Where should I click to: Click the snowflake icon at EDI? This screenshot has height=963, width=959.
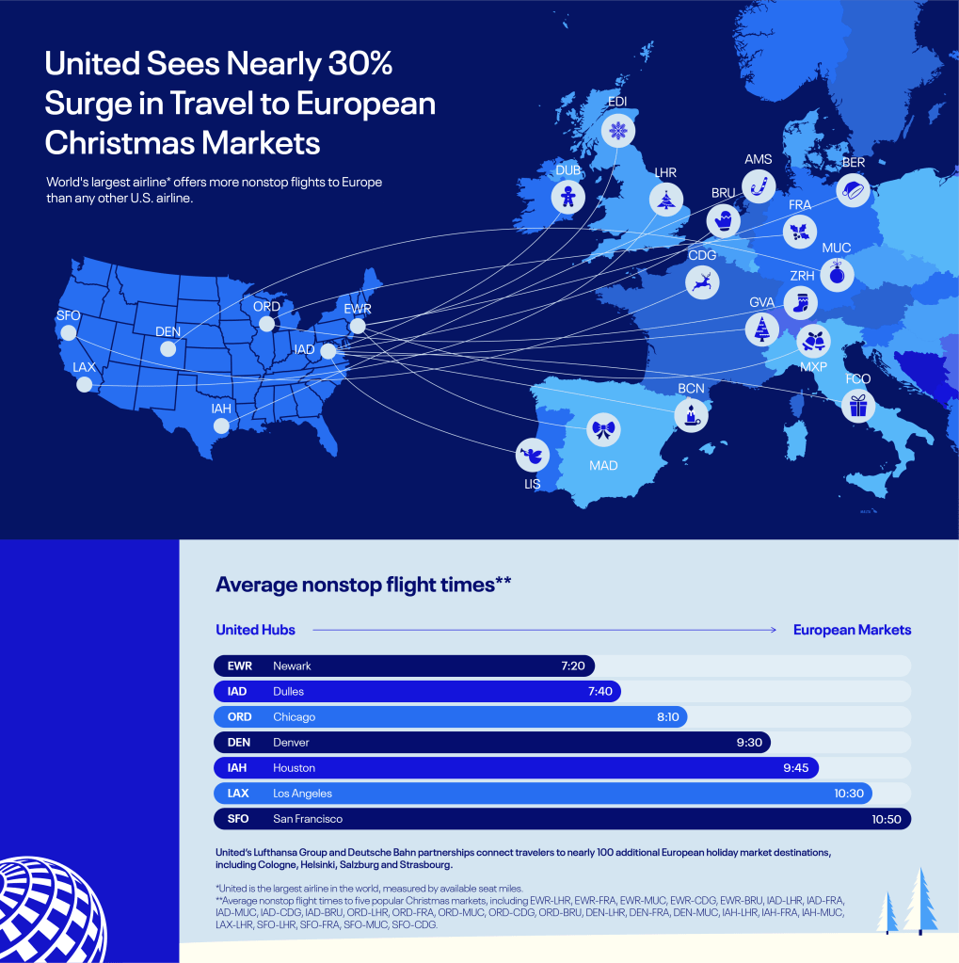pyautogui.click(x=617, y=130)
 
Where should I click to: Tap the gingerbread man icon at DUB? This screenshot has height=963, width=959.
pyautogui.click(x=567, y=196)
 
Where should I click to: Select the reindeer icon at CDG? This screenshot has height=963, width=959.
pyautogui.click(x=701, y=281)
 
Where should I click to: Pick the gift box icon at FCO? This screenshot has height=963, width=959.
pyautogui.click(x=856, y=406)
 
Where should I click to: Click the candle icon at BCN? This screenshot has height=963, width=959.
pyautogui.click(x=693, y=413)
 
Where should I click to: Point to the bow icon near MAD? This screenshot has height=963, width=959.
pyautogui.click(x=603, y=430)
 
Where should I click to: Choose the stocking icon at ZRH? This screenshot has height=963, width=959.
pyautogui.click(x=801, y=302)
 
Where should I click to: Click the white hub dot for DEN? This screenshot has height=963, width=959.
pyautogui.click(x=168, y=348)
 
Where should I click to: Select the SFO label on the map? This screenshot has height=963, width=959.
pyautogui.click(x=68, y=315)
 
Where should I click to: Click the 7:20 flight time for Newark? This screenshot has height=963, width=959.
pyautogui.click(x=573, y=666)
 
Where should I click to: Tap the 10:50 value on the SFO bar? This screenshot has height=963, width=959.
pyautogui.click(x=887, y=819)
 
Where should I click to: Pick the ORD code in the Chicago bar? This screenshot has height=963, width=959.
pyautogui.click(x=239, y=716)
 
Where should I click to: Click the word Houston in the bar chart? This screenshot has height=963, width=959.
pyautogui.click(x=294, y=768)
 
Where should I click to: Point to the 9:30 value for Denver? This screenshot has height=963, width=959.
pyautogui.click(x=748, y=743)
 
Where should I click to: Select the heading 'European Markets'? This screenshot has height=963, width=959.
pyautogui.click(x=852, y=630)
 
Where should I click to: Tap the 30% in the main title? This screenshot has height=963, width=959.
pyautogui.click(x=352, y=65)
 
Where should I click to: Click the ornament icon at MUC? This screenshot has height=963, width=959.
pyautogui.click(x=836, y=274)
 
